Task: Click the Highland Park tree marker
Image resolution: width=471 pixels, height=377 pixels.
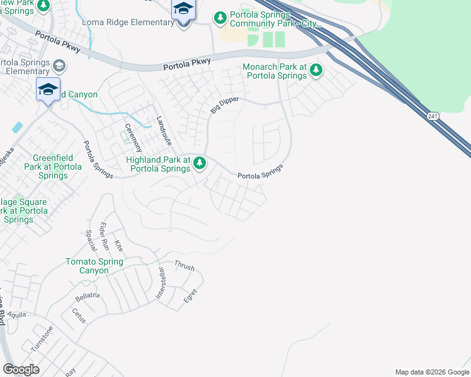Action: click(200, 163)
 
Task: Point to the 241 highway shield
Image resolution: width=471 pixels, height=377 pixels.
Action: click(431, 116)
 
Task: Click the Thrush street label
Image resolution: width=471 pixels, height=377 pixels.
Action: click(184, 266)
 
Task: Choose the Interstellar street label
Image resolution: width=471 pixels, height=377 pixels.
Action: click(161, 283)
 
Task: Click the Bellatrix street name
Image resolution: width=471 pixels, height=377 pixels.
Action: click(88, 295)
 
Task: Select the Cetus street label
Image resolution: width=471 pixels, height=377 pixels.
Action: click(79, 315)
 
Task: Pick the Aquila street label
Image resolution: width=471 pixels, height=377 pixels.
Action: click(17, 314)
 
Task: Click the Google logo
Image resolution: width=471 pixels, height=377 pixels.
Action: click(21, 369)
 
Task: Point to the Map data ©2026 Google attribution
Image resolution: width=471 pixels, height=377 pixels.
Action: click(432, 372)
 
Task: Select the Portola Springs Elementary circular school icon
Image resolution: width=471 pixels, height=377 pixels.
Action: click(59, 65)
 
